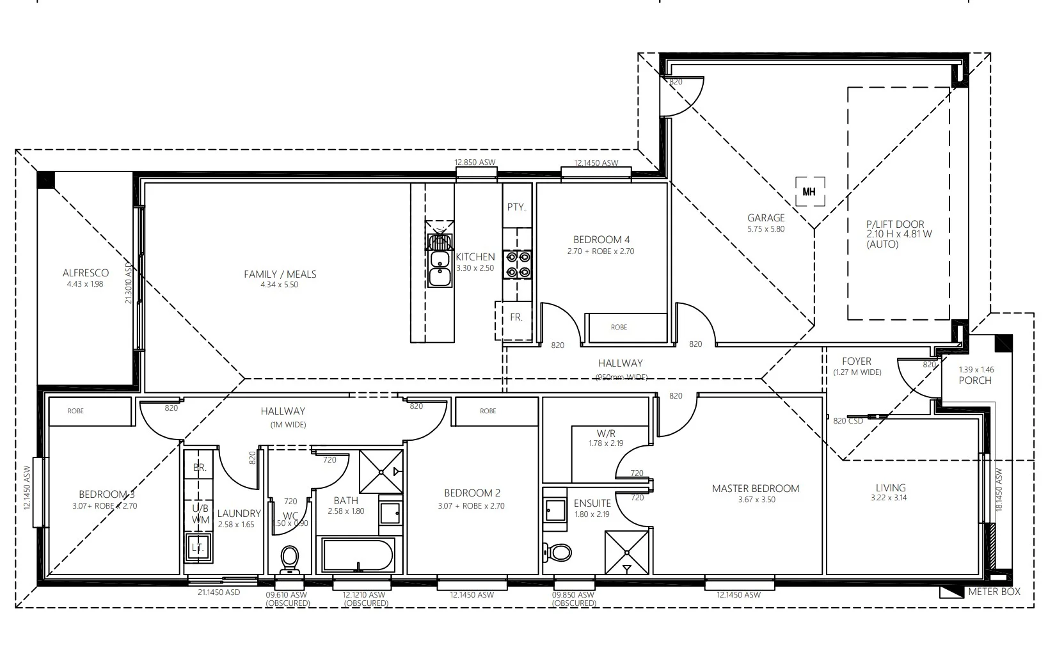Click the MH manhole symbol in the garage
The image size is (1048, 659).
pos(809,191)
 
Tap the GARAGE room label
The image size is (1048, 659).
pos(765,218)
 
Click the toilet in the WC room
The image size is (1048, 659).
pos(289,560)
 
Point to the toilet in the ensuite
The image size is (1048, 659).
pos(558,551)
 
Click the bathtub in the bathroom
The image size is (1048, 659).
pos(357,555)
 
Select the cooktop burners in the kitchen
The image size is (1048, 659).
pos(517,264)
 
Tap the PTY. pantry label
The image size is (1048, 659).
pos(516,207)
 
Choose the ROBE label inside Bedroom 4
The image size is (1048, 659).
pos(619,328)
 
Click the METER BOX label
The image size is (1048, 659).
pos(994,592)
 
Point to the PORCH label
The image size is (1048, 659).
pos(975,381)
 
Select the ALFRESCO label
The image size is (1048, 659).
pos(86,273)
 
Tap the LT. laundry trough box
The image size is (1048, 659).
pos(198,548)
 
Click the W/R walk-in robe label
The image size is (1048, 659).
pos(605,433)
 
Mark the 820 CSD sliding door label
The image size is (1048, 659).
pos(848,420)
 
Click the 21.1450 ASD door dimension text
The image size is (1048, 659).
pos(219,592)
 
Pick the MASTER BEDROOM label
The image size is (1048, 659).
pos(755,489)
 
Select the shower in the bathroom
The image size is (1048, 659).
pos(381,472)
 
